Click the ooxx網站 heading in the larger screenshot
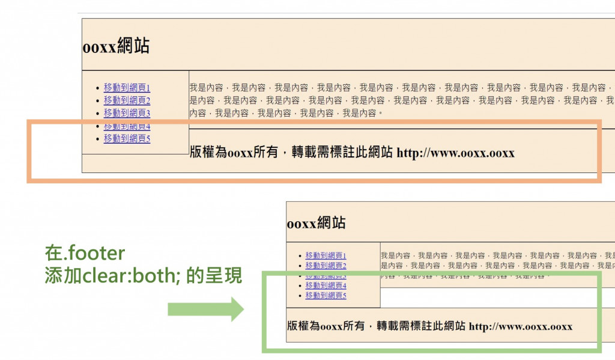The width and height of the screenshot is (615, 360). click(116, 47)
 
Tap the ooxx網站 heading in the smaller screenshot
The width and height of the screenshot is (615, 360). click(316, 223)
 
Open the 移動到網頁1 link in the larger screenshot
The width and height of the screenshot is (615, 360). click(127, 88)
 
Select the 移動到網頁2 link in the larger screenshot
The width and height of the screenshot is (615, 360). click(127, 100)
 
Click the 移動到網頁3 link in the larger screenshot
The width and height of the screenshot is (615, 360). click(127, 113)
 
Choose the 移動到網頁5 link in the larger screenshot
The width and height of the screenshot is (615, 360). click(127, 139)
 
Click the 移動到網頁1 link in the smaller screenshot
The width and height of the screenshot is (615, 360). click(326, 255)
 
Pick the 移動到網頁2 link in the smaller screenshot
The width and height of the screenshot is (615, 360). click(326, 266)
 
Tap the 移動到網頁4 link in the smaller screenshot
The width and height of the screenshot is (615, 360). click(326, 285)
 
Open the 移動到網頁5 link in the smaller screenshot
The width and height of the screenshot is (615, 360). click(326, 296)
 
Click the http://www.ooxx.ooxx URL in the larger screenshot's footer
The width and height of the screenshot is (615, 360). click(455, 153)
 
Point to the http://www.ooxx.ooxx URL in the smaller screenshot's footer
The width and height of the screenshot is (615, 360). click(520, 327)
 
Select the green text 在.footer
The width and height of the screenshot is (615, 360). click(85, 253)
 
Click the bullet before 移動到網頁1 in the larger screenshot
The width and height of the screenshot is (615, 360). click(97, 88)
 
